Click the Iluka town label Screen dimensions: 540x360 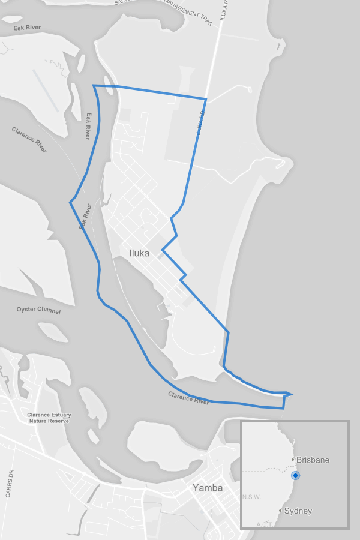coord(139,253)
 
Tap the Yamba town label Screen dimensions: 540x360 coord(207,488)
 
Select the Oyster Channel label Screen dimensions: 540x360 coord(38,310)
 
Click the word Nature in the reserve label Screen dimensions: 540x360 coord(38,421)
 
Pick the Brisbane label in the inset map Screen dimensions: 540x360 coord(313,460)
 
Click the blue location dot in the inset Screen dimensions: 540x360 coord(295,476)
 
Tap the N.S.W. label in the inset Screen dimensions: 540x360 coord(251,497)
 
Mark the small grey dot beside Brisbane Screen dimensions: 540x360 coord(293,460)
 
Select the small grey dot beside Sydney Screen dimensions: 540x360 coord(280,511)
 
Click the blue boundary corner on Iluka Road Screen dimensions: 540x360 coord(206,99)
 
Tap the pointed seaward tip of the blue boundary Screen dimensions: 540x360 coord(292,394)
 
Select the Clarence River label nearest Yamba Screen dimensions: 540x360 coord(188,397)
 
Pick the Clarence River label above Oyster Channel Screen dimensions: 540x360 coord(29,139)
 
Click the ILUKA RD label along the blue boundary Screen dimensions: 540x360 coord(200,124)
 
